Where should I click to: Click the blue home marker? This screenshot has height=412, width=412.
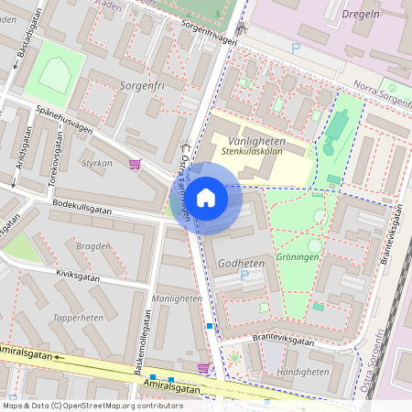pyautogui.click(x=206, y=197)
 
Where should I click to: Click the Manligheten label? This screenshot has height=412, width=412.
pyautogui.click(x=177, y=298)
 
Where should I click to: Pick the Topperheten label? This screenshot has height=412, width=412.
pyautogui.click(x=78, y=317)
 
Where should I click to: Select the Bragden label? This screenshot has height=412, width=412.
pyautogui.click(x=92, y=246)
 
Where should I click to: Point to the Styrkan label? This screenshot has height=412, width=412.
pyautogui.click(x=97, y=163)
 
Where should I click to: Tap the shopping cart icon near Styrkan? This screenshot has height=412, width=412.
pyautogui.click(x=136, y=164)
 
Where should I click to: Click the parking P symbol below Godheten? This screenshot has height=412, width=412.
pyautogui.click(x=244, y=275)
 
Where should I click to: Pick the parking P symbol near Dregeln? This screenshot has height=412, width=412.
pyautogui.click(x=295, y=48)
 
